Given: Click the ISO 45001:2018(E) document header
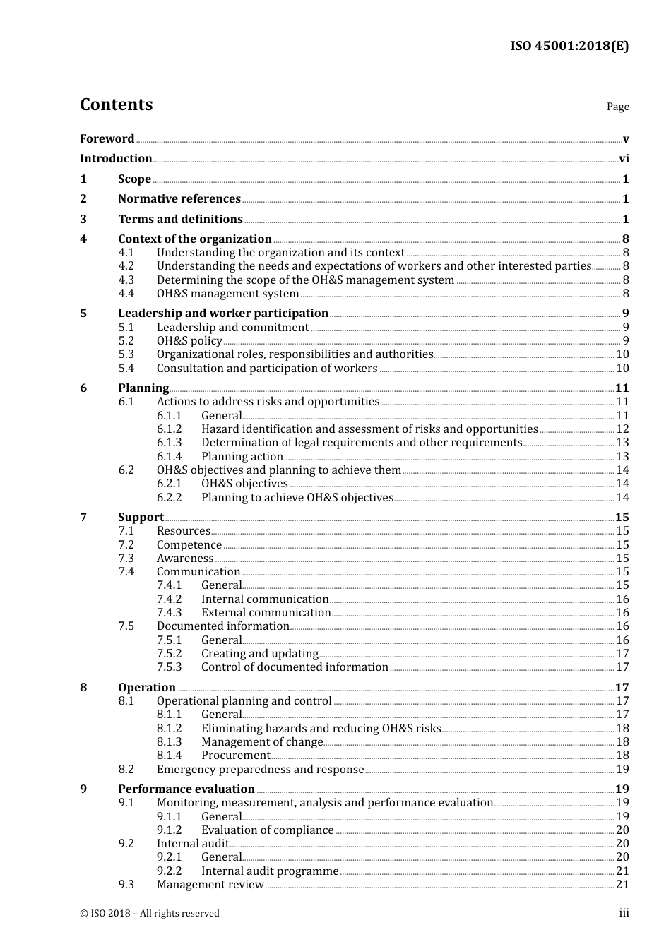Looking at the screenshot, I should click(x=569, y=47).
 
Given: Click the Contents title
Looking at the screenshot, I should click(x=116, y=105).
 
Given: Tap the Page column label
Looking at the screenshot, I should click(x=617, y=107).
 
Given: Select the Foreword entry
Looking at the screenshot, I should click(x=107, y=139).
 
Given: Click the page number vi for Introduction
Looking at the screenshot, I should click(x=624, y=159).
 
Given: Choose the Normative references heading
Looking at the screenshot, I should click(x=179, y=199).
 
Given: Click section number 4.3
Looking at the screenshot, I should click(x=126, y=280).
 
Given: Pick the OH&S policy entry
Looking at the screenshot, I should click(x=189, y=341).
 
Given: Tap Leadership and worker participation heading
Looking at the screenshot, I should click(x=223, y=314).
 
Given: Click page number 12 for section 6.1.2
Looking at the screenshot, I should click(x=622, y=429).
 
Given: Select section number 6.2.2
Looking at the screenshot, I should click(x=169, y=498).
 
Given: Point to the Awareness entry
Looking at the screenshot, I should click(x=185, y=559).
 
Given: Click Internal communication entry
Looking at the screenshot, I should click(x=265, y=599).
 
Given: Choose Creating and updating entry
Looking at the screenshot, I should click(x=260, y=654).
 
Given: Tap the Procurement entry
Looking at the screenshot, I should click(x=236, y=756).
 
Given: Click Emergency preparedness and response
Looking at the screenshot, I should click(x=260, y=770).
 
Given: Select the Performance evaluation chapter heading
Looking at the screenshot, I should click(x=186, y=789).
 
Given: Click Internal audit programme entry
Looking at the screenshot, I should click(x=270, y=871).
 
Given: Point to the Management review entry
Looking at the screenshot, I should click(x=210, y=885).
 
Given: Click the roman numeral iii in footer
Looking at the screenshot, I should click(x=624, y=913).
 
